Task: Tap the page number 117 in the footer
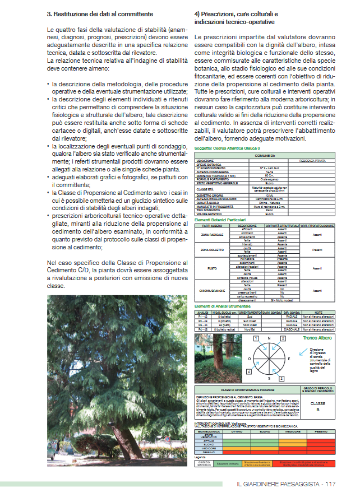(329, 484)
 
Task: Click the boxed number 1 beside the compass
(255, 339)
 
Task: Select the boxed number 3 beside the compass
(281, 379)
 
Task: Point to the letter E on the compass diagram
(289, 358)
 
